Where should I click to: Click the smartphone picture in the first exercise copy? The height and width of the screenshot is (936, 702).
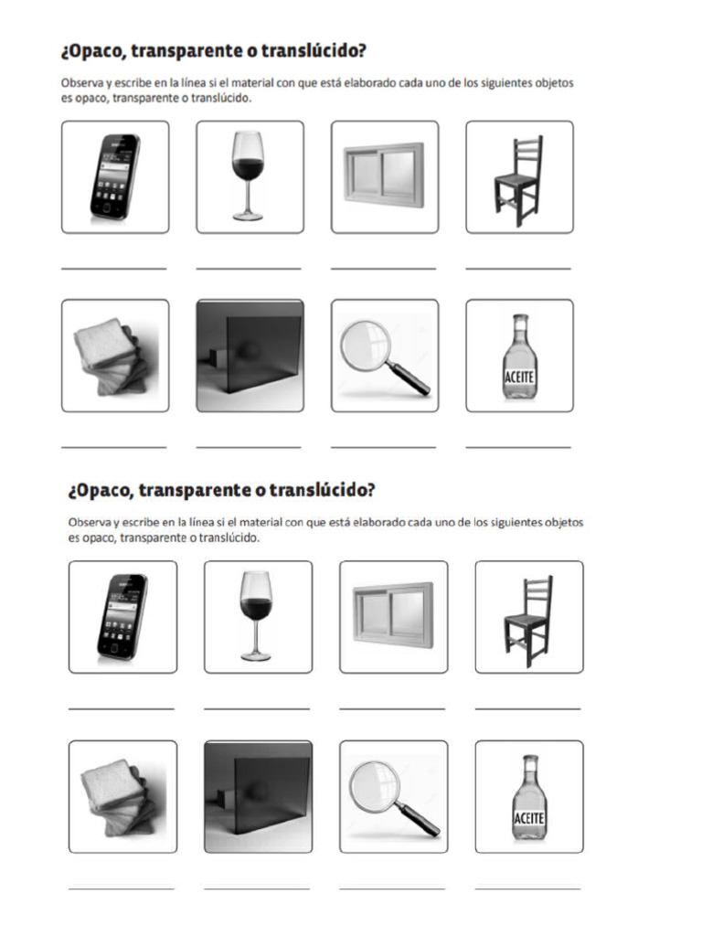(x=115, y=176)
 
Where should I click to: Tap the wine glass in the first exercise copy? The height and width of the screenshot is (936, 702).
(x=248, y=175)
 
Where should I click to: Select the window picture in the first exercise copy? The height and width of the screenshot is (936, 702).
(x=385, y=175)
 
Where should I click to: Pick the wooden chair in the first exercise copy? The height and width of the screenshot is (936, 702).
(x=519, y=180)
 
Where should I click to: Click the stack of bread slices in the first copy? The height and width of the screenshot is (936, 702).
(x=111, y=356)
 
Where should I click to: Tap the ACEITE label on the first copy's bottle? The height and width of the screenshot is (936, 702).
(x=519, y=377)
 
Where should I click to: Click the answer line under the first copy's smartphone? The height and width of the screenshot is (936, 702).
(x=114, y=269)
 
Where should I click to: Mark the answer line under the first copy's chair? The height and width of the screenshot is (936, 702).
(x=518, y=269)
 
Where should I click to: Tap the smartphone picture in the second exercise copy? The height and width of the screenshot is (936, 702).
(x=122, y=617)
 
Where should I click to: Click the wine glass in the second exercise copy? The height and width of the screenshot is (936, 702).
(x=256, y=616)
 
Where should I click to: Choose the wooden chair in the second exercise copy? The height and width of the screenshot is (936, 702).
(x=528, y=621)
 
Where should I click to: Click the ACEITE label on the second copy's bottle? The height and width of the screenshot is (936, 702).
(x=529, y=817)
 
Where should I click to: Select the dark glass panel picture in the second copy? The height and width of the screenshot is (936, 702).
(x=258, y=796)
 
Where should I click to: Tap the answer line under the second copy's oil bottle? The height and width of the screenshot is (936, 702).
(x=527, y=888)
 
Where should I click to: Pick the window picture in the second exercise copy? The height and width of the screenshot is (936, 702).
(x=393, y=615)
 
